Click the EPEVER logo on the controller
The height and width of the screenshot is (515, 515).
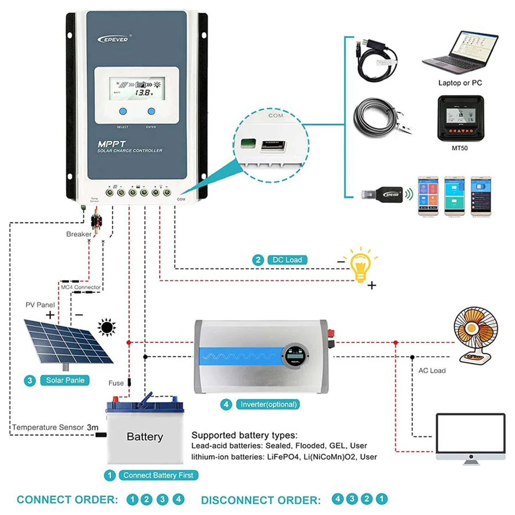coord(113,39)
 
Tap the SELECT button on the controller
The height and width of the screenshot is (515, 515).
coord(123,111)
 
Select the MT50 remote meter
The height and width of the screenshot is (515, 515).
coord(460,118)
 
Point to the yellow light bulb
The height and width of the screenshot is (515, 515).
coord(360,266)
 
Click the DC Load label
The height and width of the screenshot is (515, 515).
coord(287,260)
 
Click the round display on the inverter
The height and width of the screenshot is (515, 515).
coord(296,356)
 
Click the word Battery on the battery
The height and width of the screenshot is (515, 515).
coord(145,437)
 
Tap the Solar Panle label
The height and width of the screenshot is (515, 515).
coord(65,380)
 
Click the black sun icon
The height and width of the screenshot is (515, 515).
coord(107,328)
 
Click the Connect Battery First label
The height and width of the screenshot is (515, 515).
coord(158,475)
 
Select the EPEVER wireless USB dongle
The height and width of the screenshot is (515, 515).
coord(382,194)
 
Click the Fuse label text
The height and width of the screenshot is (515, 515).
coord(116,383)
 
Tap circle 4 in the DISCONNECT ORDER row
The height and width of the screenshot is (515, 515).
coord(338,499)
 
